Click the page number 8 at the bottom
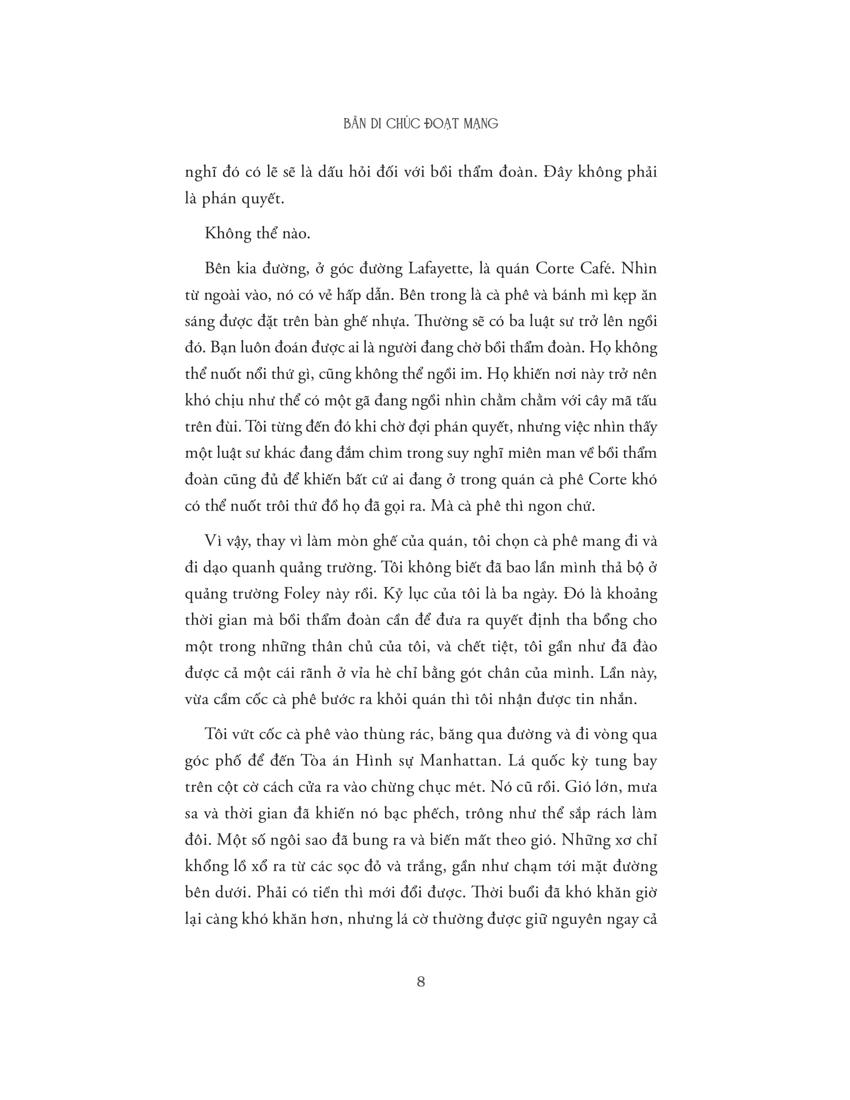421,981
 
